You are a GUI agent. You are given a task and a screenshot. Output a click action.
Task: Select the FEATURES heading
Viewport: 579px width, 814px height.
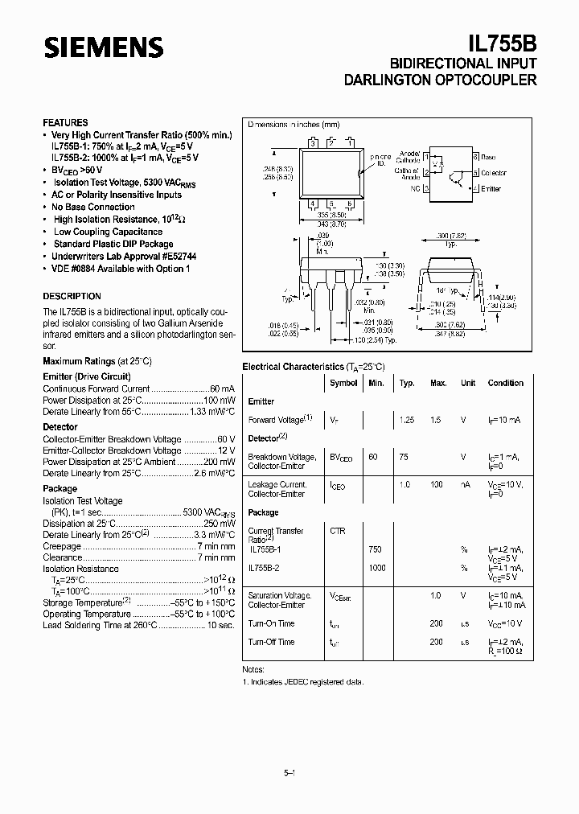click(65, 122)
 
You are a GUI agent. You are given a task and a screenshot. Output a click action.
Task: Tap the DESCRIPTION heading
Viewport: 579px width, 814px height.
click(72, 296)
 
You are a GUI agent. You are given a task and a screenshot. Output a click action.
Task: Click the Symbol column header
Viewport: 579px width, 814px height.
click(343, 383)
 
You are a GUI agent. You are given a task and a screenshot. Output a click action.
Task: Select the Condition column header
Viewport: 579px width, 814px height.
click(505, 383)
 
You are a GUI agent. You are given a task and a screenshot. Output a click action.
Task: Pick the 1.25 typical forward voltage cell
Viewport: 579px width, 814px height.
click(407, 419)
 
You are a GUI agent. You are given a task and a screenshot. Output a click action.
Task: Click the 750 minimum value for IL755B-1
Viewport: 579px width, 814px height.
click(375, 549)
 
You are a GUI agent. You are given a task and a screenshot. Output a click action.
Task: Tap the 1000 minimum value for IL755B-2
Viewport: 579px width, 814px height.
click(376, 568)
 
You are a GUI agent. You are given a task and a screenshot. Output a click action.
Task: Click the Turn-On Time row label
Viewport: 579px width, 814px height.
click(271, 623)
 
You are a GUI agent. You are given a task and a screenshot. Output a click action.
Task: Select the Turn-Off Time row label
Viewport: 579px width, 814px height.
click(271, 642)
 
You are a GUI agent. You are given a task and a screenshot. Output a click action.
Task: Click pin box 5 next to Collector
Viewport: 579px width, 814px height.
click(475, 172)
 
